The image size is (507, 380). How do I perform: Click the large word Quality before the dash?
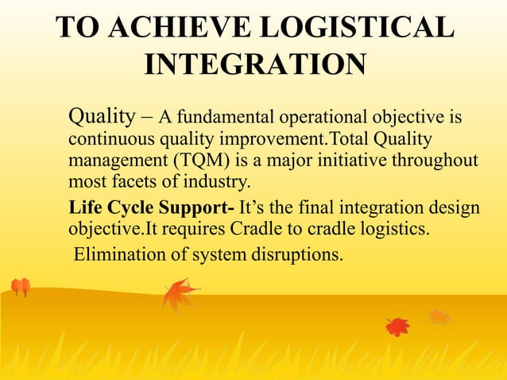coord(102,118)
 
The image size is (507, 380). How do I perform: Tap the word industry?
coord(217,179)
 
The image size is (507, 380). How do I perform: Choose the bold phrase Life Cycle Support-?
coord(152,209)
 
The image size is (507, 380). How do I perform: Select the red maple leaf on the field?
coord(397,326)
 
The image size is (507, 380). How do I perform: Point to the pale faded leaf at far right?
coord(439,316)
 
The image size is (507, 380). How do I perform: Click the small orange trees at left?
coord(20,287)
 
